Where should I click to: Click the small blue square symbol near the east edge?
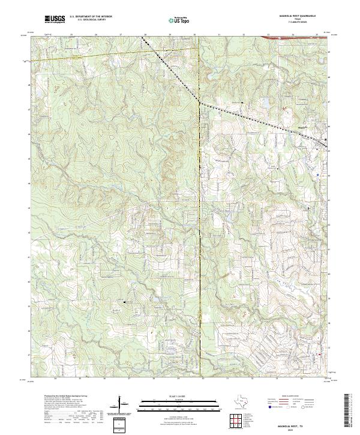click(317, 174)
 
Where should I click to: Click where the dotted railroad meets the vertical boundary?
click(199, 103)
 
